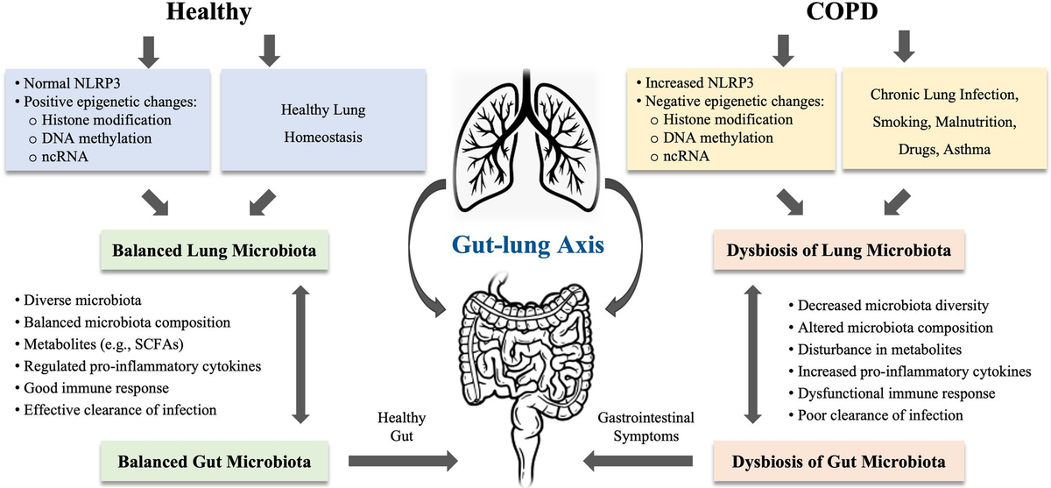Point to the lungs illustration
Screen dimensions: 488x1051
click(x=525, y=140)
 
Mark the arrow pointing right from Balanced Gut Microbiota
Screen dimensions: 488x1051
click(x=402, y=459)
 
